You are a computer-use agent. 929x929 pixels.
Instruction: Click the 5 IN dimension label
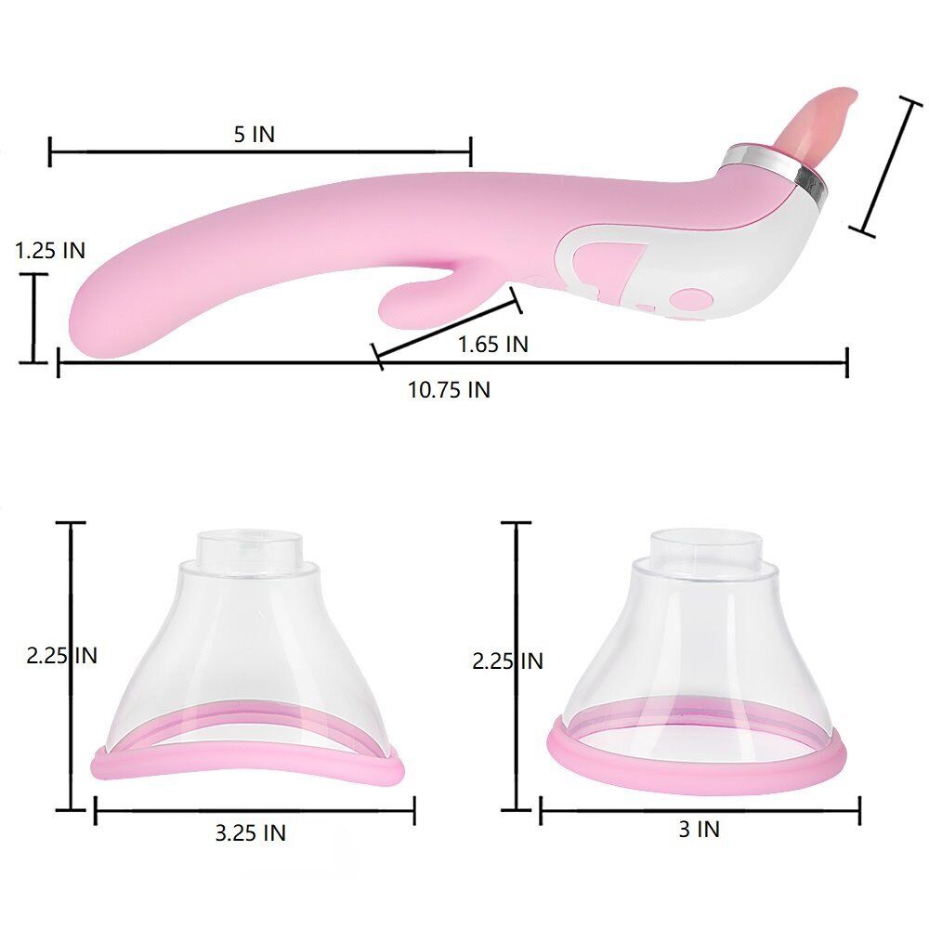[254, 134]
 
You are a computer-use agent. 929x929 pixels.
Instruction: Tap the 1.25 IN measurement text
[50, 250]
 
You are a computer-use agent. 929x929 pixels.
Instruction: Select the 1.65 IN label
[492, 344]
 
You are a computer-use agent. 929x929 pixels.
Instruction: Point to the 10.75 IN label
[449, 389]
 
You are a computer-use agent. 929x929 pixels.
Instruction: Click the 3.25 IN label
[250, 832]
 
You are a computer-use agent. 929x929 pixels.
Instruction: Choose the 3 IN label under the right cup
[699, 829]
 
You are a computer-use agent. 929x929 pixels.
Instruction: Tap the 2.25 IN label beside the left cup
[61, 655]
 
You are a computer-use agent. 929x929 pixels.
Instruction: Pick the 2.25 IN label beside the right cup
[507, 661]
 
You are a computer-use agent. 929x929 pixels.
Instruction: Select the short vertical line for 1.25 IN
[35, 318]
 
